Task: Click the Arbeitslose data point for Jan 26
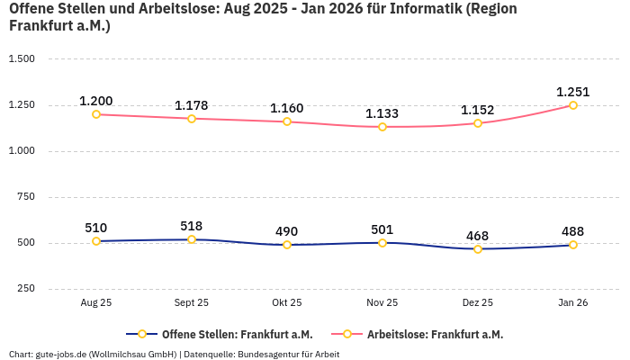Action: tap(573, 105)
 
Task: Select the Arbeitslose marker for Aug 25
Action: tap(96, 114)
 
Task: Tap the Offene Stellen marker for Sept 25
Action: tap(192, 239)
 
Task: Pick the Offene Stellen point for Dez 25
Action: tap(478, 248)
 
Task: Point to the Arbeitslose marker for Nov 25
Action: tap(382, 127)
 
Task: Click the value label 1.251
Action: tap(573, 92)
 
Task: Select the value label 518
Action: tap(192, 226)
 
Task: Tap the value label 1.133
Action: tap(382, 113)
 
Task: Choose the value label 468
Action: tap(478, 236)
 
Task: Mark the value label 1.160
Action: tap(287, 108)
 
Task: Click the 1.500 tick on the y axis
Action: tap(21, 59)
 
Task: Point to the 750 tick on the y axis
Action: tap(25, 197)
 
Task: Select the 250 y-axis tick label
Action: tap(25, 289)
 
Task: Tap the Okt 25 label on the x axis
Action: tap(287, 303)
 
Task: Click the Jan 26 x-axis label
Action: tap(573, 303)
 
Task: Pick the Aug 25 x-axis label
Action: tap(96, 303)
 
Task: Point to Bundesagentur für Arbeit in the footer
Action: tap(287, 355)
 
